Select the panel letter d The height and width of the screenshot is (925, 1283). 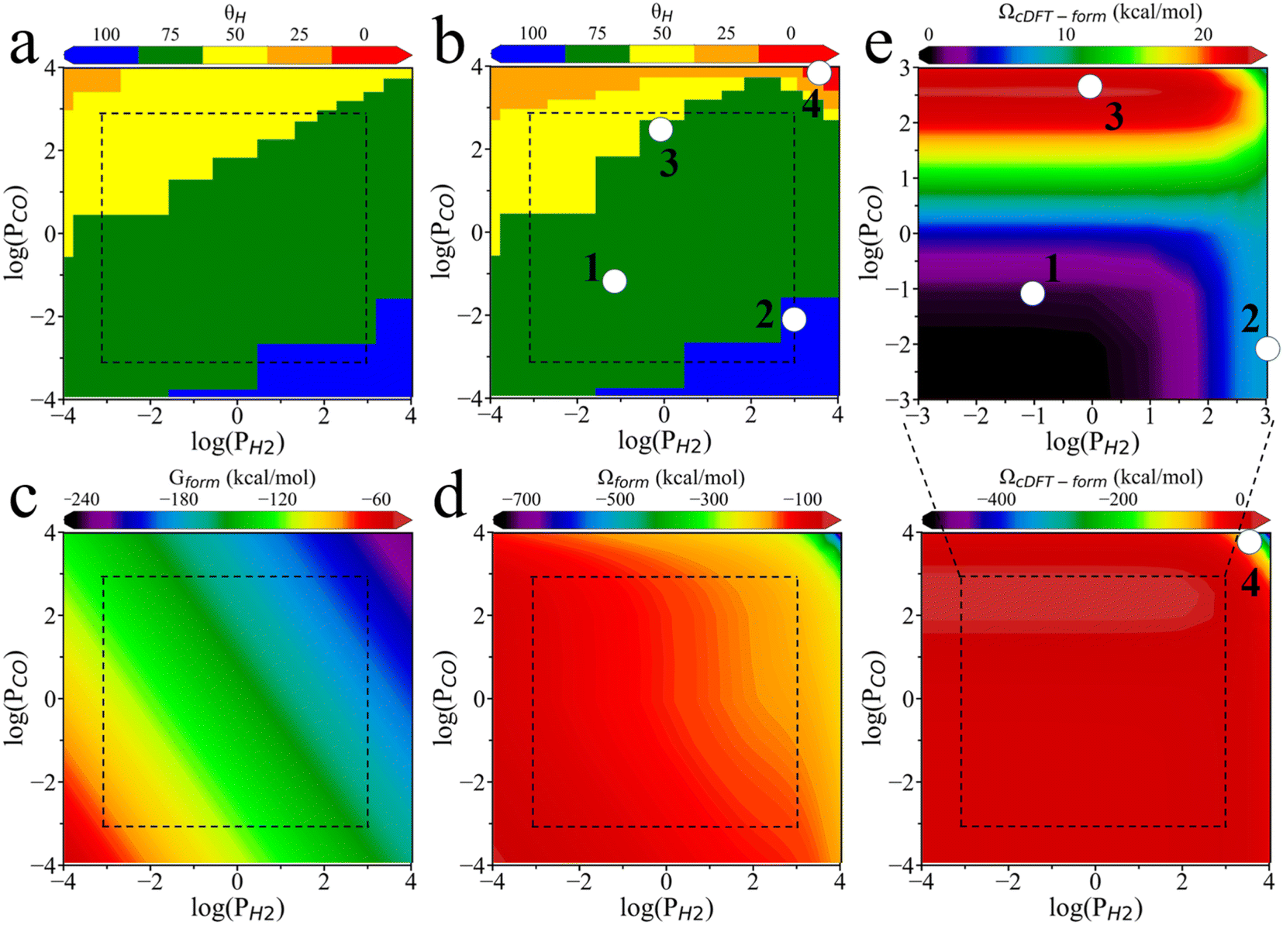[x=450, y=498]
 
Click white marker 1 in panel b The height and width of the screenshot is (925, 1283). [x=615, y=281]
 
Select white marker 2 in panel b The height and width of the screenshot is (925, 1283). [x=794, y=319]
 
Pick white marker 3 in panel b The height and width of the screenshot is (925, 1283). [x=660, y=129]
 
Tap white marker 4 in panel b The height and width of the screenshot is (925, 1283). [x=819, y=74]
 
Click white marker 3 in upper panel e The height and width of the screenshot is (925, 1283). [x=1090, y=87]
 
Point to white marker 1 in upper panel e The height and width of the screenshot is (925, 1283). [x=1033, y=294]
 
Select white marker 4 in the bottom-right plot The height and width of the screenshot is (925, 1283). [x=1249, y=542]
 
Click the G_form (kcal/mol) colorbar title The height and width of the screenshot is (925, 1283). [x=242, y=478]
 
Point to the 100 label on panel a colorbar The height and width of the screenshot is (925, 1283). [x=106, y=34]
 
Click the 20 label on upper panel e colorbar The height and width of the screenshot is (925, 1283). [x=1203, y=34]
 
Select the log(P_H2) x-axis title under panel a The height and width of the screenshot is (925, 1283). [x=238, y=442]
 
